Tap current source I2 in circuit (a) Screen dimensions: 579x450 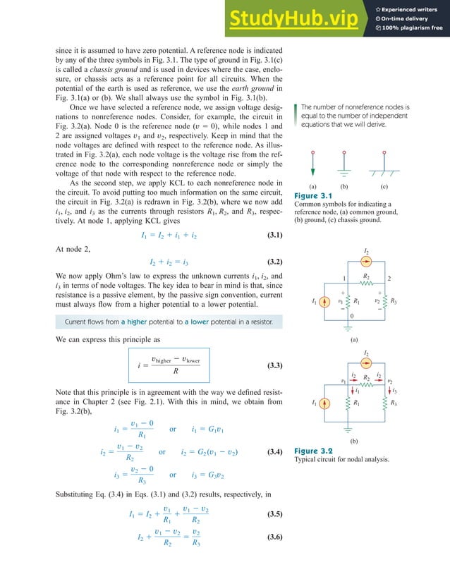(365, 262)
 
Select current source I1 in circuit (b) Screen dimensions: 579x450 (324, 404)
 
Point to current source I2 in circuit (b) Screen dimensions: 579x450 (365, 364)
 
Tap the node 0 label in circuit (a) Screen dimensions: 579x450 (351, 317)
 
